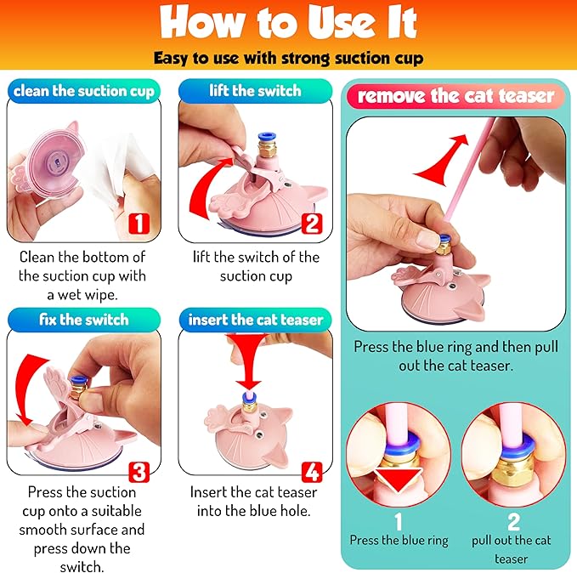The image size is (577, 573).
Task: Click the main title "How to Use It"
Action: click(289, 22)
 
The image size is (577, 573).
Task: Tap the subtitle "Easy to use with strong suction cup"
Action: click(289, 58)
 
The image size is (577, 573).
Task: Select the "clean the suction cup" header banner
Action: click(84, 91)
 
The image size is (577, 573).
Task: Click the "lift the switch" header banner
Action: click(256, 91)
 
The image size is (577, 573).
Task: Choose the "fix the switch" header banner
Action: click(84, 320)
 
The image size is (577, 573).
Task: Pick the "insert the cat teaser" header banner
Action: click(256, 320)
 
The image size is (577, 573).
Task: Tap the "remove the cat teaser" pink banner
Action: click(455, 96)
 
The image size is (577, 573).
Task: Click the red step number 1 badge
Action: click(139, 223)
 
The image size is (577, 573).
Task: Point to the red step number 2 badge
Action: click(312, 223)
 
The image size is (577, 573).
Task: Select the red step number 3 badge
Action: click(139, 472)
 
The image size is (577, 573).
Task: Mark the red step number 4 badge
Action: click(312, 472)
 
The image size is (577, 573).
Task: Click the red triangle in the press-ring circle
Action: click(399, 479)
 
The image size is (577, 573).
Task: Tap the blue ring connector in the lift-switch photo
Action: click(264, 138)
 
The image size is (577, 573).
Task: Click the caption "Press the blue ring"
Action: click(399, 540)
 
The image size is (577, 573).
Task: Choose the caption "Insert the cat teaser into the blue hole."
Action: click(253, 502)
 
